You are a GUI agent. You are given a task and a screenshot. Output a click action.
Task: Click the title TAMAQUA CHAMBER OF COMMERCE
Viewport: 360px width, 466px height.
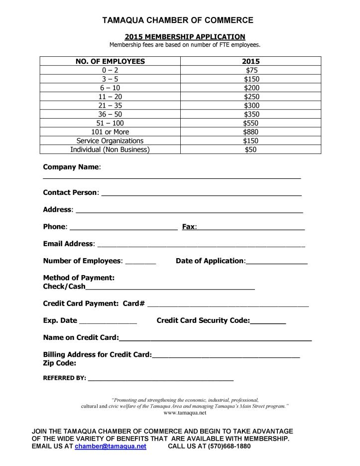(178, 20)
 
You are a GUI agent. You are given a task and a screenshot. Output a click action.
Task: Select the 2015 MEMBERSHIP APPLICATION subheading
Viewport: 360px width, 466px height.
(185, 37)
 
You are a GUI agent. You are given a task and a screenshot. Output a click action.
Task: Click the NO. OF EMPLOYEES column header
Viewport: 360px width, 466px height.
(110, 61)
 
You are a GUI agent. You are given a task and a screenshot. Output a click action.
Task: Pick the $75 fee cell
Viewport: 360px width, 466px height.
(251, 70)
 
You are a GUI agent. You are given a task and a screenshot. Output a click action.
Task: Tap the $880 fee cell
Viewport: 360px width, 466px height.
(251, 132)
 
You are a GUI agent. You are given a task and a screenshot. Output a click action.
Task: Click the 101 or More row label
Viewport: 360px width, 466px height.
(110, 132)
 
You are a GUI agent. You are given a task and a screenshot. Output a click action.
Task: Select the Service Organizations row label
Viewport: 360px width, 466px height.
(110, 141)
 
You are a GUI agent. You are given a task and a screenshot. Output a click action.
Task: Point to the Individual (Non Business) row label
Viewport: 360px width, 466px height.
(110, 150)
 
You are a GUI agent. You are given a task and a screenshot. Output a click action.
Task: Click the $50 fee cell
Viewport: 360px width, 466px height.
(251, 150)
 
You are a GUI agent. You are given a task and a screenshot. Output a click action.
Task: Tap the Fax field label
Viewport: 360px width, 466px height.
(189, 227)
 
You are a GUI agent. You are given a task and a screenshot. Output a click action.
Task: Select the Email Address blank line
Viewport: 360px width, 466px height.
(201, 245)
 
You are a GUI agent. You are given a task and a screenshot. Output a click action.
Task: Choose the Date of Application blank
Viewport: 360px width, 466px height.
(277, 263)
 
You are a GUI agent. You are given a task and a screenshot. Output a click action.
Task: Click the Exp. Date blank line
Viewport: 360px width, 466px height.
(108, 322)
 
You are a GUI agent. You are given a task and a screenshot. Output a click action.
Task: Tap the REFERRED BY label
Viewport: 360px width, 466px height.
(64, 378)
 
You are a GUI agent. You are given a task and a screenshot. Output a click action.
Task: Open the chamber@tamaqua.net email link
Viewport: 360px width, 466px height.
(111, 447)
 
